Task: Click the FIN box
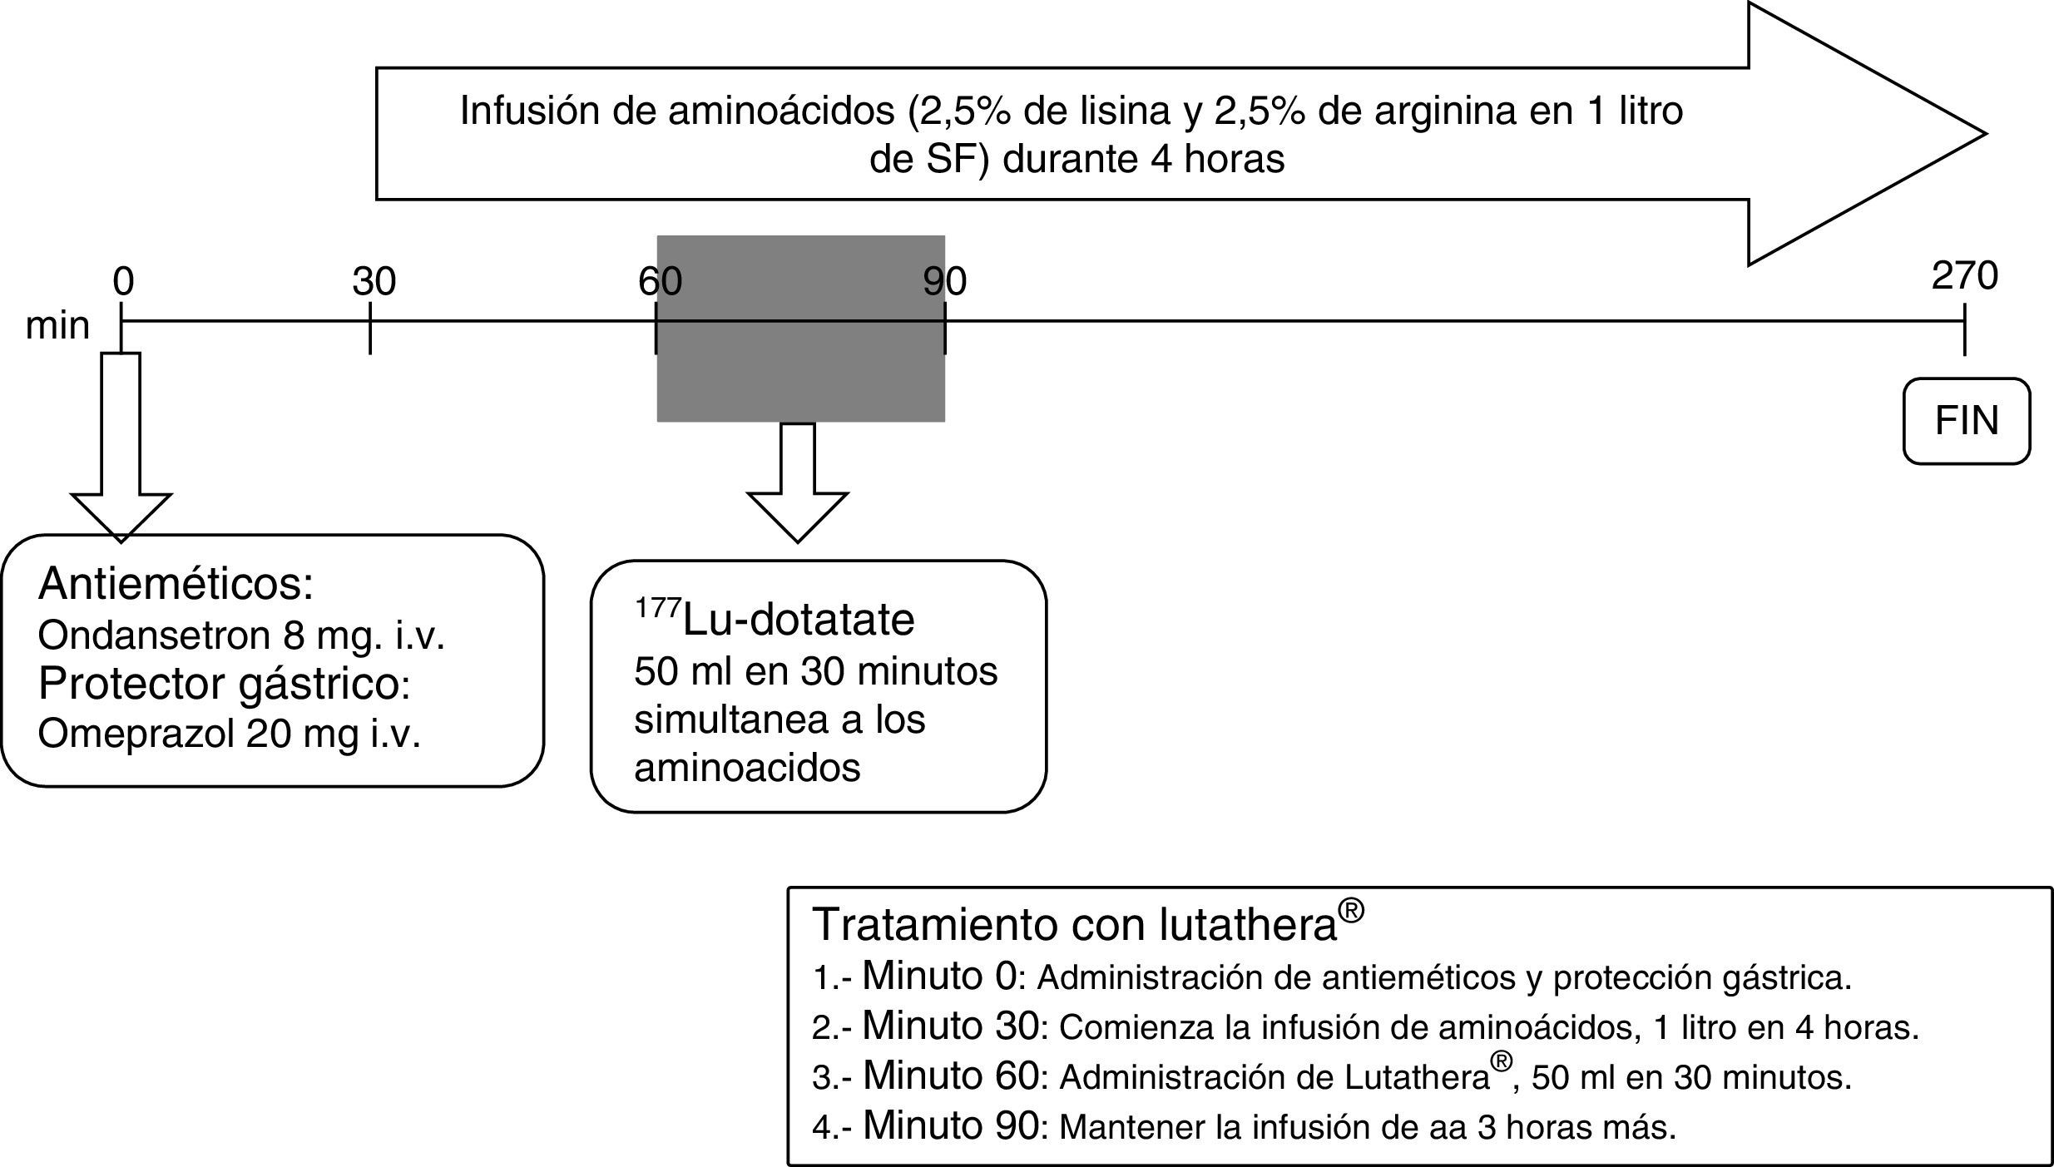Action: tap(1966, 421)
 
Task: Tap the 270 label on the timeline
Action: tap(1964, 276)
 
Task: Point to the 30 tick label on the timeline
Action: tap(374, 283)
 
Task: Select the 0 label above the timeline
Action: tap(123, 283)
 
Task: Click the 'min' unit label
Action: tap(57, 326)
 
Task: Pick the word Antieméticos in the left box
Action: tap(176, 584)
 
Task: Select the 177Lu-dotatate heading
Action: tap(775, 620)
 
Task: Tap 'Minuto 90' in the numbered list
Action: tap(951, 1125)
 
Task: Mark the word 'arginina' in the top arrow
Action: tap(1444, 111)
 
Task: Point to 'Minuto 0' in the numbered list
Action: tap(939, 976)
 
